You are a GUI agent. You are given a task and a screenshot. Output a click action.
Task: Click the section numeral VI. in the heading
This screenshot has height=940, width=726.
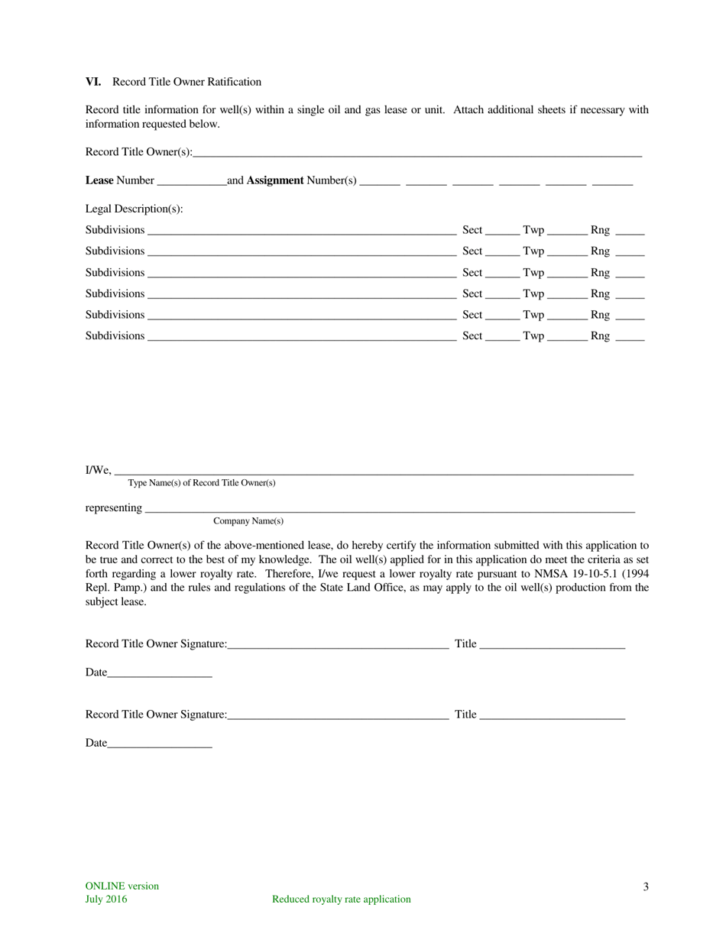(93, 82)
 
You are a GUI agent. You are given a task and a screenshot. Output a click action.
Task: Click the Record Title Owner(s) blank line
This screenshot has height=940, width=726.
(416, 154)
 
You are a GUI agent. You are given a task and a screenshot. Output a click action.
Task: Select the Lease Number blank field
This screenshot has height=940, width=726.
(191, 182)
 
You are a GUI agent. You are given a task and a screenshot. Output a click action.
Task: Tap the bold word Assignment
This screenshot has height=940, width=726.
(274, 180)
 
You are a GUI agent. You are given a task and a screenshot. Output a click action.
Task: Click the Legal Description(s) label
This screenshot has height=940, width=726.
(134, 209)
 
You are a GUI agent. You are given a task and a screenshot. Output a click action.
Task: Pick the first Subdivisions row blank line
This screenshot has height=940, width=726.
(301, 232)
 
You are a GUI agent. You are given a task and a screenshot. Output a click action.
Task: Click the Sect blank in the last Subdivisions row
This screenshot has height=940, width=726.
(501, 337)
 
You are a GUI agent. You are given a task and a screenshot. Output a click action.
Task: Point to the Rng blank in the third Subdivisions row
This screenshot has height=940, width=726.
(629, 274)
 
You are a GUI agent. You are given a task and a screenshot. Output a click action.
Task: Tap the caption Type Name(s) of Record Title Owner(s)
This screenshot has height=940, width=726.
(202, 483)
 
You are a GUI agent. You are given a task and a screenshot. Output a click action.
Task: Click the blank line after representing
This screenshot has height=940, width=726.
(389, 510)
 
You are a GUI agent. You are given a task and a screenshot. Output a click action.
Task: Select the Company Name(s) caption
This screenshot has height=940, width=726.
(248, 521)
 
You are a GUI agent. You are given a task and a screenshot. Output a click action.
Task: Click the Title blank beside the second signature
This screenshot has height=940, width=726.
(552, 716)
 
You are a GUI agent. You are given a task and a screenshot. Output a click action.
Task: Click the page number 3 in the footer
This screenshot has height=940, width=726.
(646, 887)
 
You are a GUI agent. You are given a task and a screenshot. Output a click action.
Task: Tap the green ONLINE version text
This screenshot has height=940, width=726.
(122, 887)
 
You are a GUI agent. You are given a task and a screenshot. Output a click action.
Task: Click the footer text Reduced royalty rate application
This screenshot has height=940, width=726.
(342, 899)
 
